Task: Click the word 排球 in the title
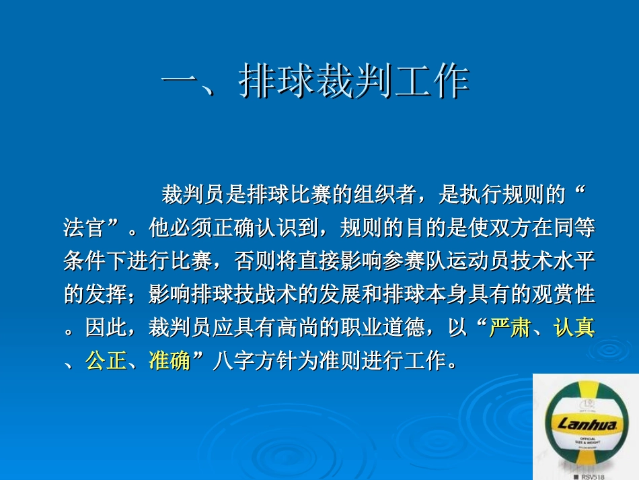click(277, 83)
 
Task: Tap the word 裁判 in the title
click(354, 83)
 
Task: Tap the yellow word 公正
click(106, 361)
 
